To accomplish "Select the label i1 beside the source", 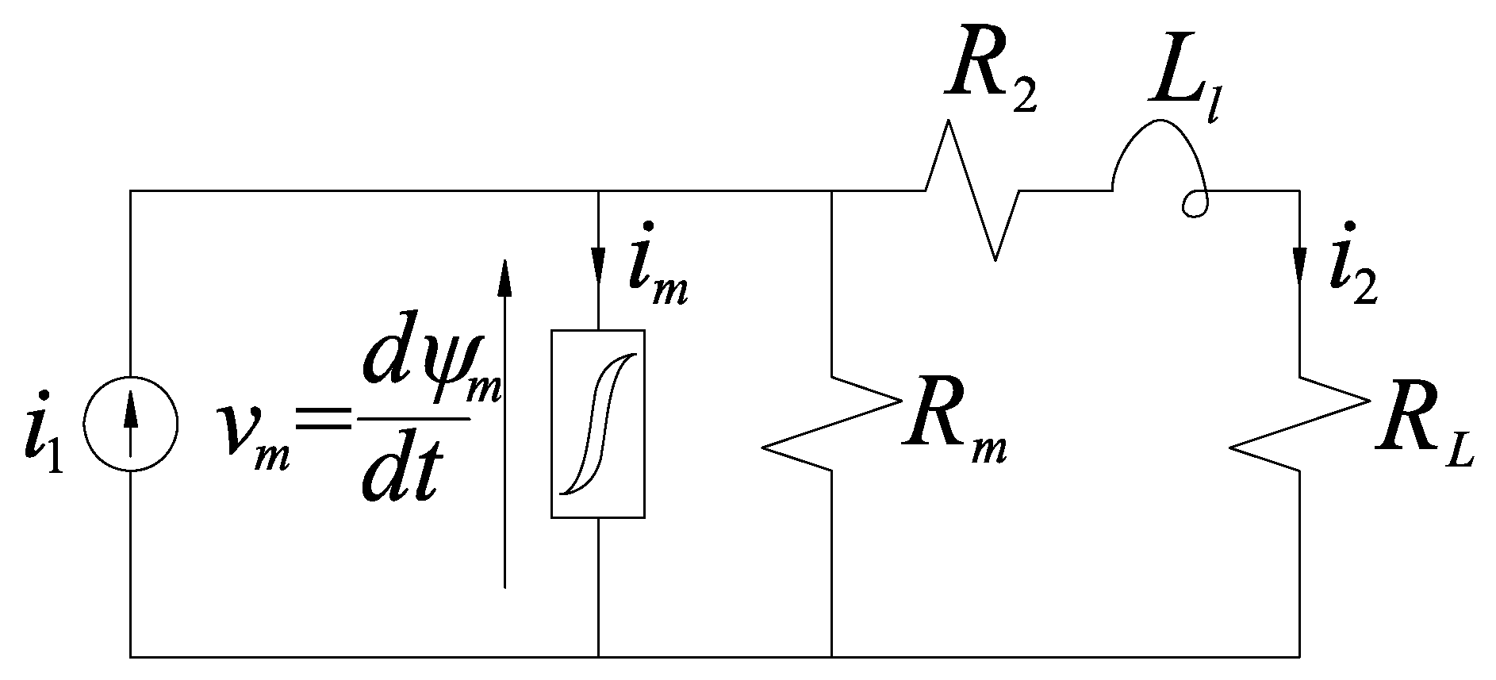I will pyautogui.click(x=44, y=432).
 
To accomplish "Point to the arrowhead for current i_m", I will pyautogui.click(x=598, y=262).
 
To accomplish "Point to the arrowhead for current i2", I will pyautogui.click(x=1299, y=266).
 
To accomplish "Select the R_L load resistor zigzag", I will pyautogui.click(x=1299, y=425).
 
